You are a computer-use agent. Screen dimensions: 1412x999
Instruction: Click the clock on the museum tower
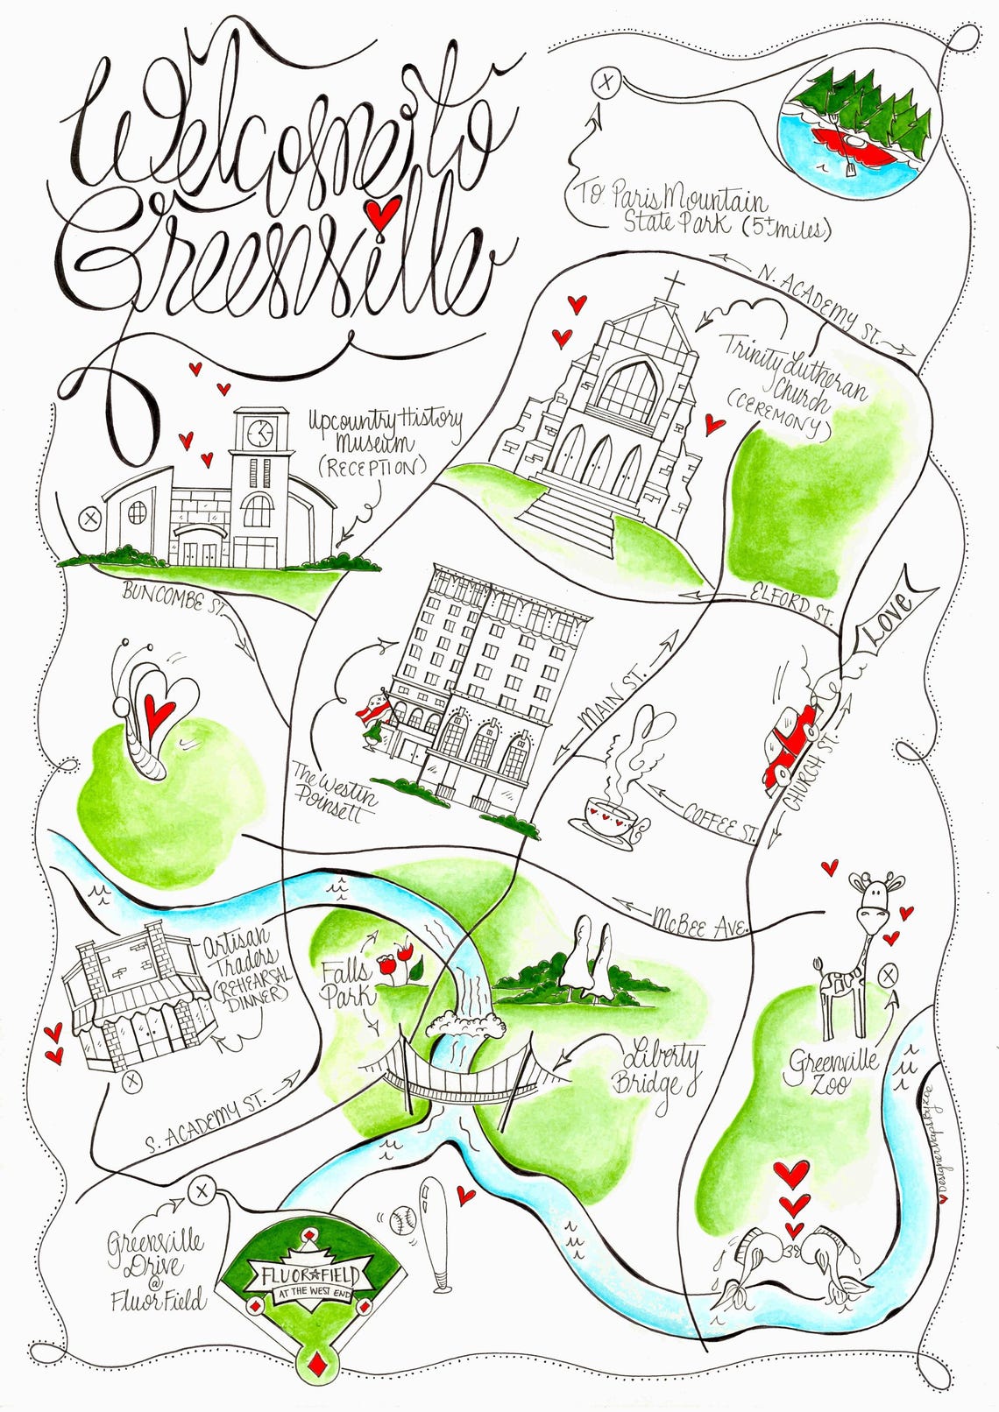259,432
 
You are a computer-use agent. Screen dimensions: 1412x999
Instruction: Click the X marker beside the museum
89,518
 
